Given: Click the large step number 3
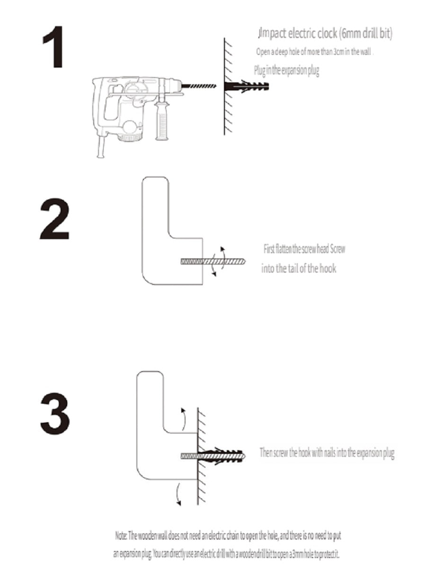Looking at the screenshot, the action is click(x=55, y=413).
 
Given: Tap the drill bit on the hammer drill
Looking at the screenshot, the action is click(x=199, y=86).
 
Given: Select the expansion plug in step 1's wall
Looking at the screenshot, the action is click(x=247, y=86).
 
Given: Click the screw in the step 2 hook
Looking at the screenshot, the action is click(x=213, y=262).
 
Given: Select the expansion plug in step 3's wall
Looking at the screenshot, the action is click(x=221, y=456).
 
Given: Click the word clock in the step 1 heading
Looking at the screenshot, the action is click(x=327, y=34).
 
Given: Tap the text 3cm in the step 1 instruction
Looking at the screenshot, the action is click(x=338, y=52).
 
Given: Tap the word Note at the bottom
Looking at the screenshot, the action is click(x=121, y=535).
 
